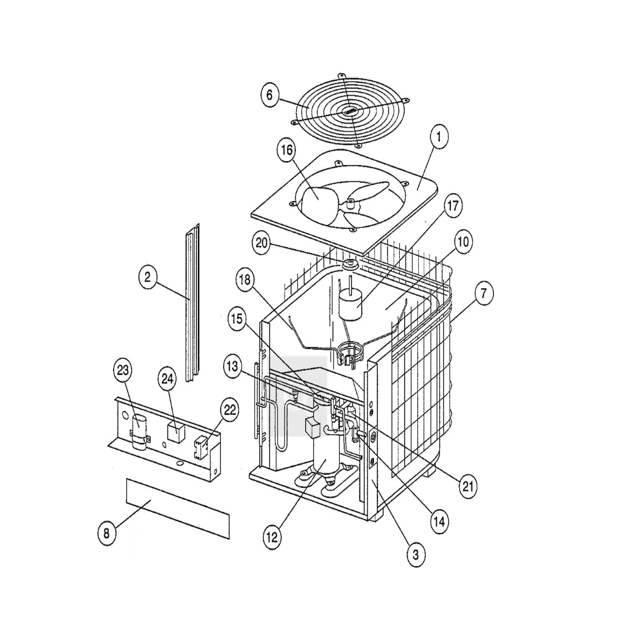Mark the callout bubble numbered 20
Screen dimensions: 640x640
pyautogui.click(x=261, y=244)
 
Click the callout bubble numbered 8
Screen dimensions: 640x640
pyautogui.click(x=107, y=534)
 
